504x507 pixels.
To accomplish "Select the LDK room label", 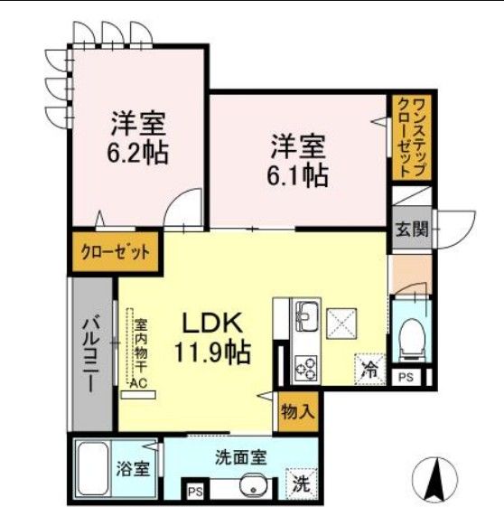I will pos(213,322).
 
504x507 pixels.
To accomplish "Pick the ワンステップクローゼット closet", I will pos(411,138).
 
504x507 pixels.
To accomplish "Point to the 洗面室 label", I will pos(240,457).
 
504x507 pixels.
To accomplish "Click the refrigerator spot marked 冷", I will pos(369,369).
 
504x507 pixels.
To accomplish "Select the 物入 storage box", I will pos(298,412).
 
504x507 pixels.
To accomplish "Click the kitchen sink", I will pos(305,315).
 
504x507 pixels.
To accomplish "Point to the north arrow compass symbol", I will pos(434,476).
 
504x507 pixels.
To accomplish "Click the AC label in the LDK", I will pos(140,383).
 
